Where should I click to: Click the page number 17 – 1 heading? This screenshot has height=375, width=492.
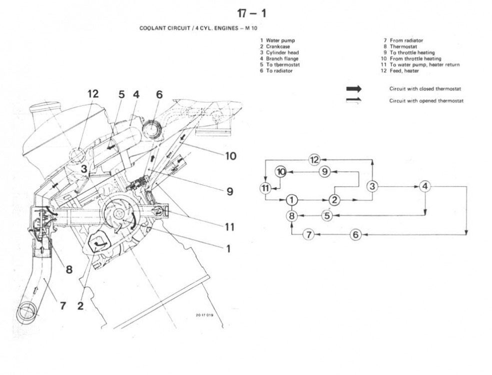coord(251,14)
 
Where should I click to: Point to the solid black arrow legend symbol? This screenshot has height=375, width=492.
coord(353,88)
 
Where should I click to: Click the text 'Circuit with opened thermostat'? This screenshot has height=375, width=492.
coord(426,100)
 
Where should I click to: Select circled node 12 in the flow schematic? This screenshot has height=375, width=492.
coord(314,160)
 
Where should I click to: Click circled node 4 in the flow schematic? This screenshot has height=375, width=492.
coord(425,186)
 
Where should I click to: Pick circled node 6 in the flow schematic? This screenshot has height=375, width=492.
coord(355,234)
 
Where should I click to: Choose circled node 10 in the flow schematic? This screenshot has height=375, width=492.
coord(281,172)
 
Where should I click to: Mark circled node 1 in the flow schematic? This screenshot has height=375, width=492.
coord(292,200)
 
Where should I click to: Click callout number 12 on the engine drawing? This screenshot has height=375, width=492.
coord(93,94)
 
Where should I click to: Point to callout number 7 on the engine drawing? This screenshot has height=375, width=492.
coord(63,305)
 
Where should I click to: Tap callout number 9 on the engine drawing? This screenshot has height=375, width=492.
coord(230,191)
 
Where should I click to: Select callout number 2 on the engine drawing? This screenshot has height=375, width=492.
coord(81,305)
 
